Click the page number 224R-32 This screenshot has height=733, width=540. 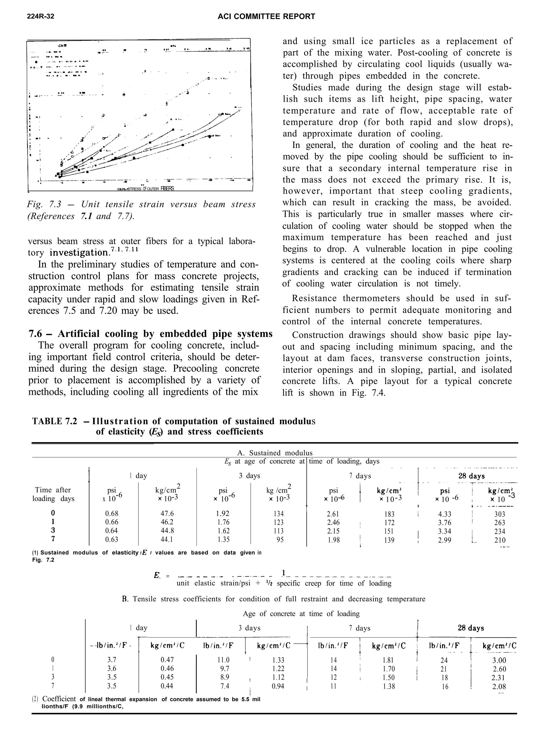(41, 16)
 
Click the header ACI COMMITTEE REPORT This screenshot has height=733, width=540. (266, 16)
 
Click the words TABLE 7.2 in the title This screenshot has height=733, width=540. (55, 421)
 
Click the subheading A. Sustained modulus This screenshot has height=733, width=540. (274, 453)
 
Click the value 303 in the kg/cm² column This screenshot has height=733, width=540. (499, 514)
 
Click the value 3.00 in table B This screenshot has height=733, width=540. (499, 660)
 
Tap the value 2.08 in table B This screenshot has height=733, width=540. (499, 687)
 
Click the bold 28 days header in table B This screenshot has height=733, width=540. (471, 628)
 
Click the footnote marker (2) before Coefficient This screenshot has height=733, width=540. (35, 699)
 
